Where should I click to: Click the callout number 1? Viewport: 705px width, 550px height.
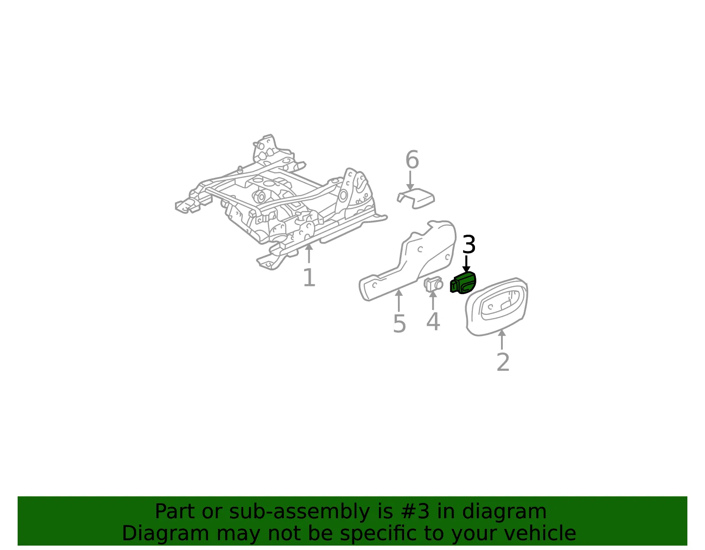309,277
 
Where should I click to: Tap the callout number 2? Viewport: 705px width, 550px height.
503,362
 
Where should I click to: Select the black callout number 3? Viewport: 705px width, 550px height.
469,245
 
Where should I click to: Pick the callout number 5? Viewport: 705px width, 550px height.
399,324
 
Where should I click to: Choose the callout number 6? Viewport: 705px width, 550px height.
412,159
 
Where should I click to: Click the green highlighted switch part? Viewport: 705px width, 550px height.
463,283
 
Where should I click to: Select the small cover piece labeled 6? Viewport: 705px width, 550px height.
416,198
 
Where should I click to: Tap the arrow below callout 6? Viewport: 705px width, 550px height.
410,181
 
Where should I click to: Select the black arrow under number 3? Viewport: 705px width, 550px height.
466,264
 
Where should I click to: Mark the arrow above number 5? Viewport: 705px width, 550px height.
399,300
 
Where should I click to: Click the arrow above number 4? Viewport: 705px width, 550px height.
433,300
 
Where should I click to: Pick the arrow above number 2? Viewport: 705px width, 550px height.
502,340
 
